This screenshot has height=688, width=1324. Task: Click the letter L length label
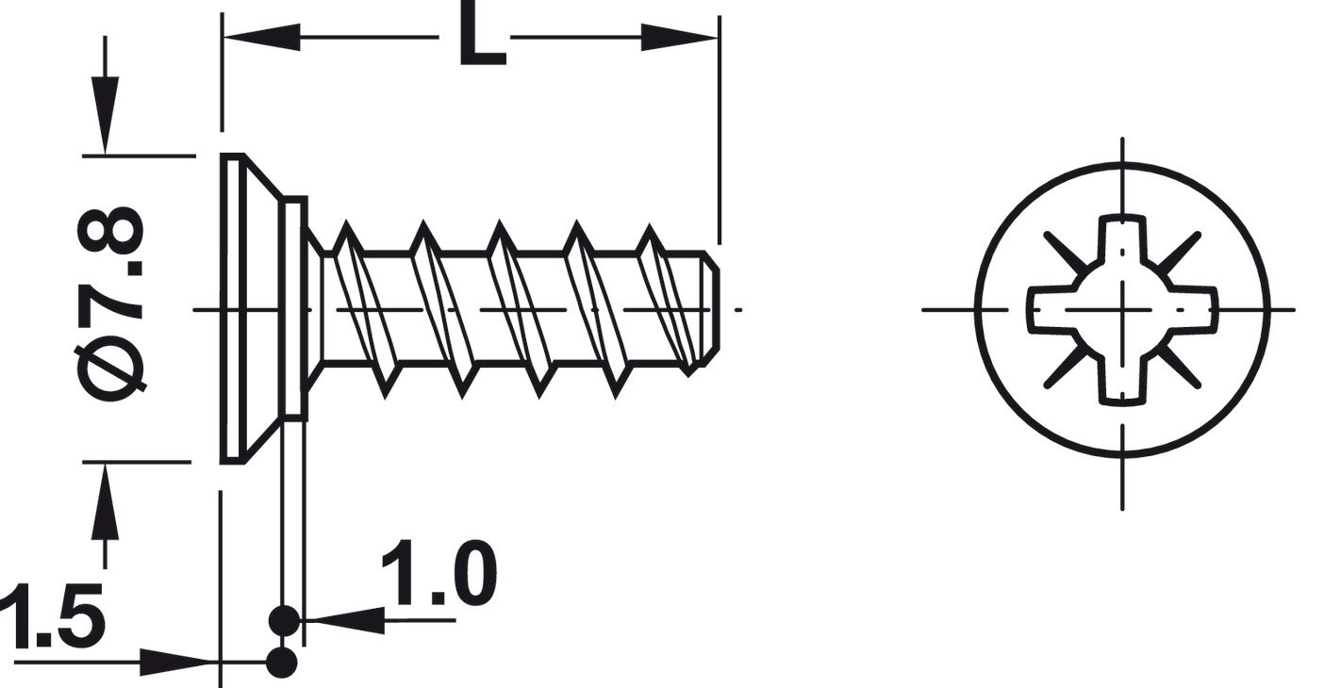click(x=482, y=32)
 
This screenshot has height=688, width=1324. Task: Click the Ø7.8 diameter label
click(x=110, y=303)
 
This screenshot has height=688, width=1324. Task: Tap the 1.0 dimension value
click(x=439, y=572)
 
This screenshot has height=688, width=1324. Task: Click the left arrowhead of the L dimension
click(x=261, y=37)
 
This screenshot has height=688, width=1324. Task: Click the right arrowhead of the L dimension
click(x=680, y=37)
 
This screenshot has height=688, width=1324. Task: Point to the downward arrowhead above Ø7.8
click(x=106, y=115)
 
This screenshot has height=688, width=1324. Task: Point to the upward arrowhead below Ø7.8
click(x=106, y=500)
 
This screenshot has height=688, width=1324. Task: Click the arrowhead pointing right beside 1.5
click(x=178, y=663)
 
